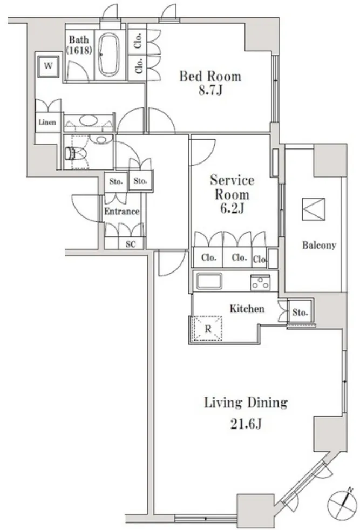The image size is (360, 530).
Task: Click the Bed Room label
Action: pyautogui.click(x=210, y=77)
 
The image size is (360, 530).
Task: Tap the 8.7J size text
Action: pyautogui.click(x=210, y=91)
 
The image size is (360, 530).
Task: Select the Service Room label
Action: pyautogui.click(x=232, y=187)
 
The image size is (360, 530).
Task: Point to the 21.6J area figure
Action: pyautogui.click(x=246, y=424)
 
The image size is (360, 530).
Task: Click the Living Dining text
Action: pyautogui.click(x=246, y=403)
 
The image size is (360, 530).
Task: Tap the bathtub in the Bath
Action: pyautogui.click(x=108, y=55)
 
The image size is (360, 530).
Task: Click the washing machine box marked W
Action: pyautogui.click(x=49, y=66)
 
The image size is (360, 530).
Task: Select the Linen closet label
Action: pyautogui.click(x=47, y=122)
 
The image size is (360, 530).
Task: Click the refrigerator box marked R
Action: pyautogui.click(x=207, y=329)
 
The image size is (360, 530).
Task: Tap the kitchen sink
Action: pyautogui.click(x=209, y=281)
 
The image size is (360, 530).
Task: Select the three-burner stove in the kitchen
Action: pyautogui.click(x=260, y=282)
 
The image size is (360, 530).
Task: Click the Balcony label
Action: pyautogui.click(x=319, y=245)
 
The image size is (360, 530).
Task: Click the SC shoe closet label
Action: pyautogui.click(x=131, y=244)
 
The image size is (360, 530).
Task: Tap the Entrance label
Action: pyautogui.click(x=121, y=212)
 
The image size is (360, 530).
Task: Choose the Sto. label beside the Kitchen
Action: pyautogui.click(x=300, y=312)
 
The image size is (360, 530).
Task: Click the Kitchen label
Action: pyautogui.click(x=247, y=309)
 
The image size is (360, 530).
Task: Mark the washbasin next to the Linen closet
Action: pyautogui.click(x=89, y=121)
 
